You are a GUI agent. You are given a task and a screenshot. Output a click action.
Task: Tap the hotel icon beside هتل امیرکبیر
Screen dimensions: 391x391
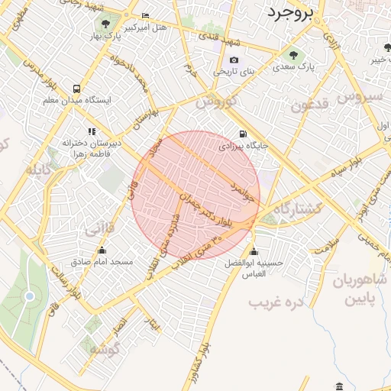(x=145, y=16)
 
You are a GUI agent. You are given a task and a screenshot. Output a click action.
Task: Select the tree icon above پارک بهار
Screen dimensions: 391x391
(x=105, y=18)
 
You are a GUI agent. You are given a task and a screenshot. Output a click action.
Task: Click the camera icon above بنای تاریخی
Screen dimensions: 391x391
(x=233, y=60)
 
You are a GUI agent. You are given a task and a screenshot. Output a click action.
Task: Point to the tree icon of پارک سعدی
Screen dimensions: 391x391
(x=293, y=54)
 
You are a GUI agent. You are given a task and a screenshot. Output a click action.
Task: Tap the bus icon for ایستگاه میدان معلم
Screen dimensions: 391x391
(x=76, y=88)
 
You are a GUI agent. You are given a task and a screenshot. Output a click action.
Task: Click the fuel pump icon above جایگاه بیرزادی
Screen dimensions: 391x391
(x=243, y=133)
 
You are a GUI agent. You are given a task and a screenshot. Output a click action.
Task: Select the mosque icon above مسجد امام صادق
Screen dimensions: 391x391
(x=102, y=250)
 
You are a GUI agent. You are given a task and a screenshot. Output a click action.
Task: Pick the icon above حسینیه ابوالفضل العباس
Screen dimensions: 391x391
(x=254, y=253)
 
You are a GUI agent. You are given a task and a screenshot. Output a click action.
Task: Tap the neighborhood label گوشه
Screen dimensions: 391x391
(x=102, y=349)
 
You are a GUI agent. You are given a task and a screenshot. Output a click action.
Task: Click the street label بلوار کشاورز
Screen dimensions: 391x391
(x=203, y=368)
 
